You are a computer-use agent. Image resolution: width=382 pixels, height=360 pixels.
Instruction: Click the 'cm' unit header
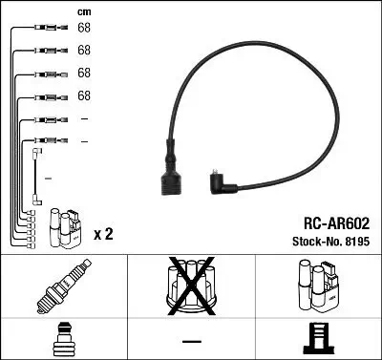coord(83,12)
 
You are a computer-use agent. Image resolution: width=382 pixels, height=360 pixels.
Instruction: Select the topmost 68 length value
coord(84,28)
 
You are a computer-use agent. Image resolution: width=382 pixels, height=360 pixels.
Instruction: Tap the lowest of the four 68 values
coord(84,95)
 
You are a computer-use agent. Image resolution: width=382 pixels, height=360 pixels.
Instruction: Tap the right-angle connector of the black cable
coord(223,181)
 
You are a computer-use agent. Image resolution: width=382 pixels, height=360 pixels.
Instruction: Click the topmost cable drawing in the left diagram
coord(44,28)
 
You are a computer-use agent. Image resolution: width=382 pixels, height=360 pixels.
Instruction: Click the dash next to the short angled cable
coord(49,179)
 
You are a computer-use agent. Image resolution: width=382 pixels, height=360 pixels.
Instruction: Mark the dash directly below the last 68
coord(84,118)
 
